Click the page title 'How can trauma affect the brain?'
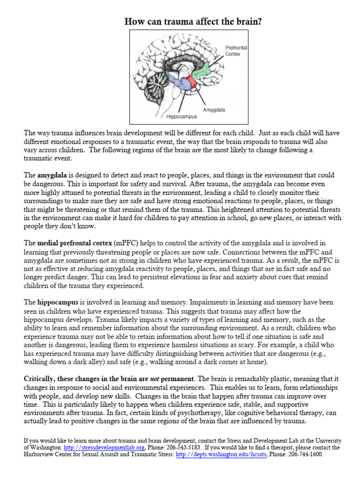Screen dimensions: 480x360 pyautogui.click(x=180, y=22)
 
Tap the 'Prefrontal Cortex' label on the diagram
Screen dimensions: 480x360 pyautogui.click(x=236, y=51)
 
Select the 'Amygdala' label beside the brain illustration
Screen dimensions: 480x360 pyautogui.click(x=214, y=110)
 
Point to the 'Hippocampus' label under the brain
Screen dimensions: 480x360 pyautogui.click(x=181, y=116)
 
